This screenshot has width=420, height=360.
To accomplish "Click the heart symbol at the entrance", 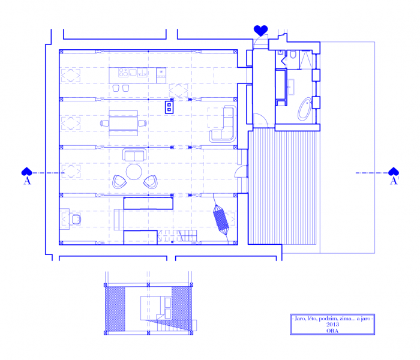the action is coord(260,31).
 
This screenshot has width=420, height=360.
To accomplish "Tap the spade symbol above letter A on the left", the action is coord(26,172).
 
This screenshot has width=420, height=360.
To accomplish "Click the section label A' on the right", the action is coord(394,181).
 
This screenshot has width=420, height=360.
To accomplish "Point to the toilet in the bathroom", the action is coord(293,55).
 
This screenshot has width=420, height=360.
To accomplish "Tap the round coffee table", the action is coord(134,172).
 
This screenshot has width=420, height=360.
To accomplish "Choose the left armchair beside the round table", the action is coord(119,182).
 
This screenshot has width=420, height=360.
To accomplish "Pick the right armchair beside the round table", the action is coord(151,182).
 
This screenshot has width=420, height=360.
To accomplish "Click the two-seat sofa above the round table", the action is coord(134,155).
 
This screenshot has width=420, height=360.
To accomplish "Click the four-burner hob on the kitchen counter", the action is coord(124,73).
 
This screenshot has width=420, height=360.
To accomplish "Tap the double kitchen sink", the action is coord(142,73).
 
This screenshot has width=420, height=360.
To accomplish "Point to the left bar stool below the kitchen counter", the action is coord(116,88).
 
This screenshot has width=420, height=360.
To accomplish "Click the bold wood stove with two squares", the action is coord(169,107).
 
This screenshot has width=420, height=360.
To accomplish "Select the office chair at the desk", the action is coord(76,220).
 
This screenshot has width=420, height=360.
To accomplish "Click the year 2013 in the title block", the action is coord(332,325).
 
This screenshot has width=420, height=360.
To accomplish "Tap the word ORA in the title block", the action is coord(332,331).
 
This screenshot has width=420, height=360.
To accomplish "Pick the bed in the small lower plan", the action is coord(156,308).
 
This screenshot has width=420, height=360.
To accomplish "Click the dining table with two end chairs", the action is coord(124,123).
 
